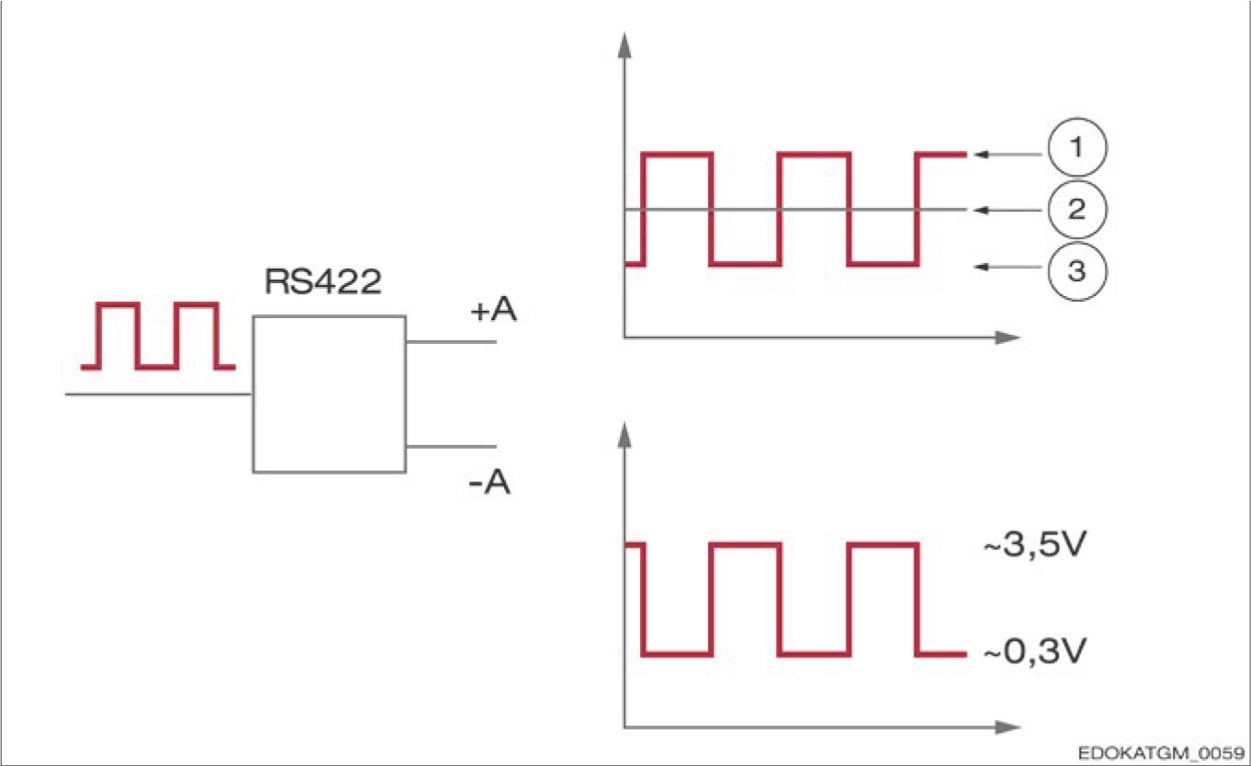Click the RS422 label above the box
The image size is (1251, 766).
[x=323, y=281]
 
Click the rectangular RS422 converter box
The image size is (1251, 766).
[x=329, y=394]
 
